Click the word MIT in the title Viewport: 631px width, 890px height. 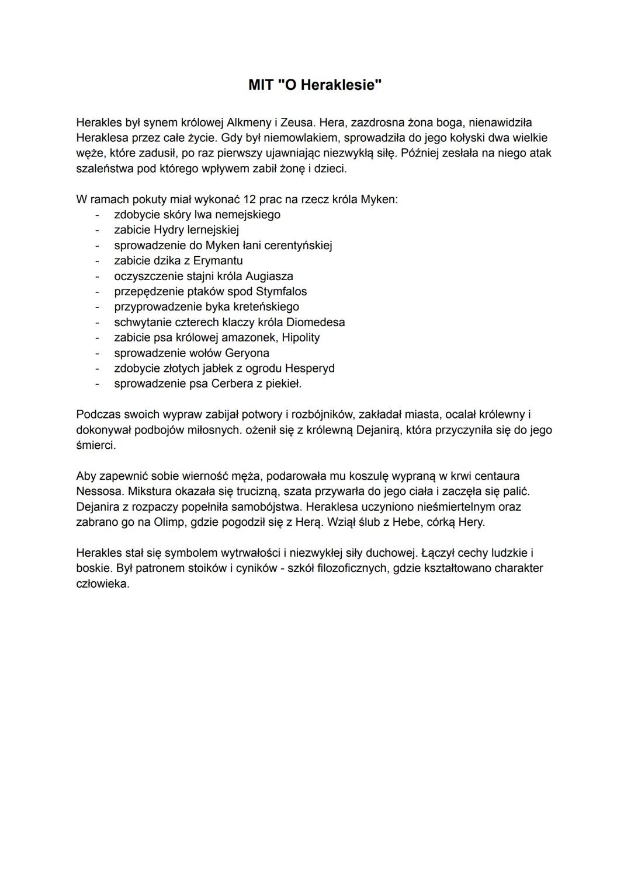[x=261, y=85]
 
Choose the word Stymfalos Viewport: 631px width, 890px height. [x=281, y=291]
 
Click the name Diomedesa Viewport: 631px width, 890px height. [x=315, y=322]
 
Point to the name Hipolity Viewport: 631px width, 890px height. [x=301, y=337]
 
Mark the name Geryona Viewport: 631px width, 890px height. [x=247, y=353]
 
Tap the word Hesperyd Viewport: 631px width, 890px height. [x=310, y=368]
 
